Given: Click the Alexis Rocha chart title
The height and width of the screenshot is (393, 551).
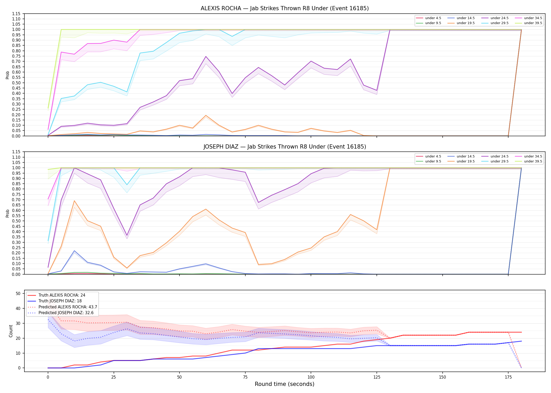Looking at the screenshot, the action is pos(285,8).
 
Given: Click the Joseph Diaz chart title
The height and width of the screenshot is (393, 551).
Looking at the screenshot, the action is pos(285,147).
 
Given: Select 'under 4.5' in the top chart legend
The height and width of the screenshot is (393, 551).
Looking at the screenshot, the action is pos(433,18).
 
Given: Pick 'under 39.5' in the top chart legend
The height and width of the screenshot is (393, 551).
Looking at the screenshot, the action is pos(533,23).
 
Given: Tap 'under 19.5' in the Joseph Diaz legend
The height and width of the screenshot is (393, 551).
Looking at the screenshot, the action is pos(465,161).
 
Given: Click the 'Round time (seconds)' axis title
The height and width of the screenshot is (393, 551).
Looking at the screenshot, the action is pos(284,384).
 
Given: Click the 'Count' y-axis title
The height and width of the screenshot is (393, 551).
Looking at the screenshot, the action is pos(11,331).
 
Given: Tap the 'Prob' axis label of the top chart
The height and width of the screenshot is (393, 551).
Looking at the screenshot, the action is pos(8,75).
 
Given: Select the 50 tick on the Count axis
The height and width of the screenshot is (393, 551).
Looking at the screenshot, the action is pos(18,293).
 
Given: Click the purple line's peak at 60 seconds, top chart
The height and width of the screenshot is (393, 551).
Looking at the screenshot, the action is pos(206,56).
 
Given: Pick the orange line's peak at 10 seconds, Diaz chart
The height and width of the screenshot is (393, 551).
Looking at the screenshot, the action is pos(74,201).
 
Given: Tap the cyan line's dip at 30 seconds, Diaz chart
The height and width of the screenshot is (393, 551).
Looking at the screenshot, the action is pos(127,185).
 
